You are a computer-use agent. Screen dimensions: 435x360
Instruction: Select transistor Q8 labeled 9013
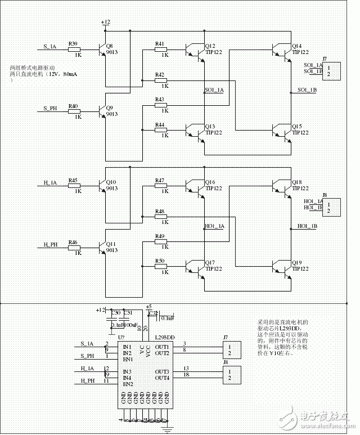[x=103, y=50]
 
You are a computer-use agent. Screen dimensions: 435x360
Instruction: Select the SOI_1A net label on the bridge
[x=214, y=90]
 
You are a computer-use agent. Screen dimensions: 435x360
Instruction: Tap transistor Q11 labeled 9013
[x=103, y=246]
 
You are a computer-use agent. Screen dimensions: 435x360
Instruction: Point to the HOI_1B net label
[x=307, y=226]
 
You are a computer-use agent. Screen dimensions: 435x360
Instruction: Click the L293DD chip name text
[x=163, y=338]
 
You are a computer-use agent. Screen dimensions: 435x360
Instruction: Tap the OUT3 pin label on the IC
[x=162, y=372]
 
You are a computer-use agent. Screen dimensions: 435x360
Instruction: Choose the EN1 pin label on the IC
[x=128, y=359]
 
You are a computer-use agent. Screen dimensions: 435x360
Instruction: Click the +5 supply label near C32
[x=148, y=307]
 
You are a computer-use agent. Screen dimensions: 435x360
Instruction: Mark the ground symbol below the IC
[x=166, y=429]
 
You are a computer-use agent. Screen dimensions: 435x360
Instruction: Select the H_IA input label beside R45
[x=50, y=183]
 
